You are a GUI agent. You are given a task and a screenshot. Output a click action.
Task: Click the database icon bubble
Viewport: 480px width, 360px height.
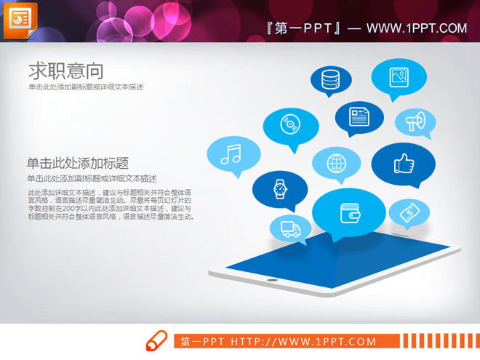(x=330, y=77)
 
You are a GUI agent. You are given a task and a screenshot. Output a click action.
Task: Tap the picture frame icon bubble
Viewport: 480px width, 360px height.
(x=398, y=76)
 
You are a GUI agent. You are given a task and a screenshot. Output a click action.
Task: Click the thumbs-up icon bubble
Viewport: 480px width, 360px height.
(x=403, y=164)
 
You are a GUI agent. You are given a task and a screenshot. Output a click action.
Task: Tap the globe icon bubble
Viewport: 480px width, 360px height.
(x=336, y=163)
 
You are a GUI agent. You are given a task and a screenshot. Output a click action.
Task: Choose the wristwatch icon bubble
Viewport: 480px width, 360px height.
(x=280, y=188)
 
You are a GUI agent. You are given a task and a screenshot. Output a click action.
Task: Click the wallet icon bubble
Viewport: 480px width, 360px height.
(x=349, y=212)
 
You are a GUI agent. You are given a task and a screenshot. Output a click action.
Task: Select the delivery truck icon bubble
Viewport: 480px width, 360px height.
(x=290, y=228)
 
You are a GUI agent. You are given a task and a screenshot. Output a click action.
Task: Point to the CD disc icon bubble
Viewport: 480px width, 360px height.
(x=291, y=126)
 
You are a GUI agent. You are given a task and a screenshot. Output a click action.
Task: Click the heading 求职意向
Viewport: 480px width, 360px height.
(x=65, y=71)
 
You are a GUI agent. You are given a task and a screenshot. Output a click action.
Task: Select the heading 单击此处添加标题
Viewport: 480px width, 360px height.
(x=78, y=163)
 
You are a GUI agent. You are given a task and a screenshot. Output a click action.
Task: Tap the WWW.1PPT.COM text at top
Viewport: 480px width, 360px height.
(x=416, y=28)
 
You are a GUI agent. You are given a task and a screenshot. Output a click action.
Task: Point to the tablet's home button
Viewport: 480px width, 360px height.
(x=273, y=279)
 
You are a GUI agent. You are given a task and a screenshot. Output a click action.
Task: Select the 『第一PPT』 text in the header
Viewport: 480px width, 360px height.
(x=304, y=28)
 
